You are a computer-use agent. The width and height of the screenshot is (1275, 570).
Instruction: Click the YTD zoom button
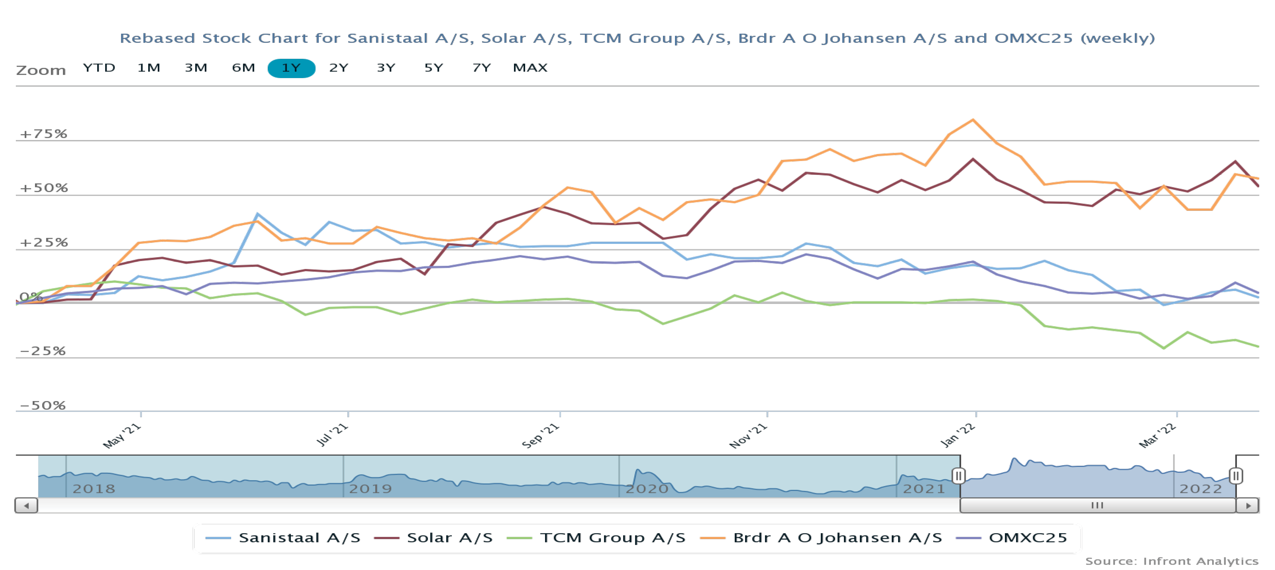pyautogui.click(x=99, y=68)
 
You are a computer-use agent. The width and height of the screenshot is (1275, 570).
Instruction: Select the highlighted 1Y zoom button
pyautogui.click(x=291, y=68)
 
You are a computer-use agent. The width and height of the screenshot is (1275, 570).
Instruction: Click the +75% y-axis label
pyautogui.click(x=43, y=134)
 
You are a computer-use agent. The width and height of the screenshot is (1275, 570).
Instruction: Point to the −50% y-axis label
pyautogui.click(x=43, y=405)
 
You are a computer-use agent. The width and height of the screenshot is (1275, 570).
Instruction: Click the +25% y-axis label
pyautogui.click(x=43, y=242)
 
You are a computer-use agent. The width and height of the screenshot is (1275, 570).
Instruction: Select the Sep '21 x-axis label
pyautogui.click(x=540, y=435)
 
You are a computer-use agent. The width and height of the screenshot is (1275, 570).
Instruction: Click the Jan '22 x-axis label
pyautogui.click(x=957, y=435)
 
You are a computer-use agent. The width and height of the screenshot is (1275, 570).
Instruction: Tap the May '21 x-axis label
pyautogui.click(x=122, y=436)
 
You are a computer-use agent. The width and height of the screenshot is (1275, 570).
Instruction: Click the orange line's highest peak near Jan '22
pyautogui.click(x=973, y=120)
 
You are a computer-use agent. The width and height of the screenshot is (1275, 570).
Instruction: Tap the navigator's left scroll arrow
pyautogui.click(x=27, y=506)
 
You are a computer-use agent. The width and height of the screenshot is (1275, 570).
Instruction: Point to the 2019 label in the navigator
pyautogui.click(x=370, y=489)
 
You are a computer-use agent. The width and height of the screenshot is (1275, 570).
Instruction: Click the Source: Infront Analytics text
pyautogui.click(x=1172, y=561)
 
